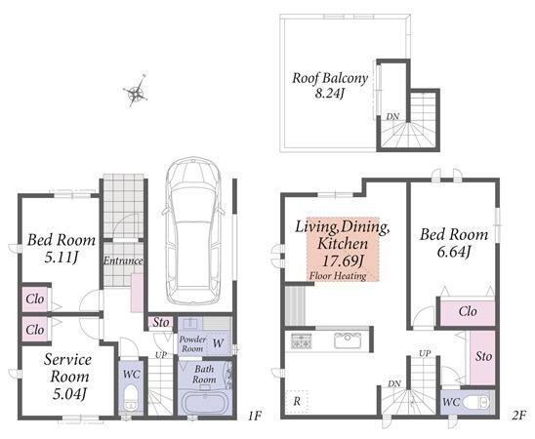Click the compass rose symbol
[x=137, y=92]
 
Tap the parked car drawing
[x=193, y=230]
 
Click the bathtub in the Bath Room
[x=205, y=403]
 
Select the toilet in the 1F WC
[x=131, y=397]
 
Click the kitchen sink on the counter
[x=348, y=340]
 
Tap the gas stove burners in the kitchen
[x=302, y=340]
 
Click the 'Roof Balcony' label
[x=330, y=78]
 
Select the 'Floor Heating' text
[x=338, y=276]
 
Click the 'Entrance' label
[x=123, y=260]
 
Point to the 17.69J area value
[x=343, y=261]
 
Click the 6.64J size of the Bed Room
[x=453, y=252]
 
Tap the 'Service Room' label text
[x=68, y=368]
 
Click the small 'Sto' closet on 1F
[x=161, y=322]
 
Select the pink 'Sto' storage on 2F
[x=482, y=357]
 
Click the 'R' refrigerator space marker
[x=297, y=402]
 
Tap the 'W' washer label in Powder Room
[x=219, y=343]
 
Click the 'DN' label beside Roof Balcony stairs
[x=392, y=116]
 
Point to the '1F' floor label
[x=255, y=416]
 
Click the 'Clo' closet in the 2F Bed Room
[x=468, y=311]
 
